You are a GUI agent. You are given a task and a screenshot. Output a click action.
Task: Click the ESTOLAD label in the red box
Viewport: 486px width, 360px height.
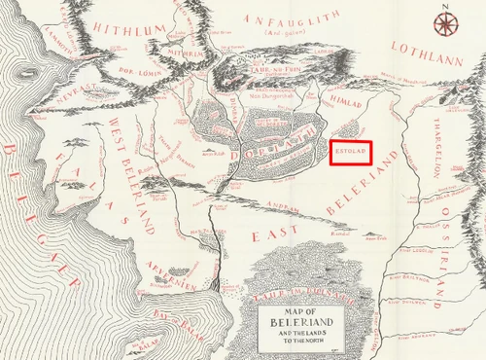coord(348,151)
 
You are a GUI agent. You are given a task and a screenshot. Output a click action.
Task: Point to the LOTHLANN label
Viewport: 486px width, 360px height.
coord(425,47)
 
